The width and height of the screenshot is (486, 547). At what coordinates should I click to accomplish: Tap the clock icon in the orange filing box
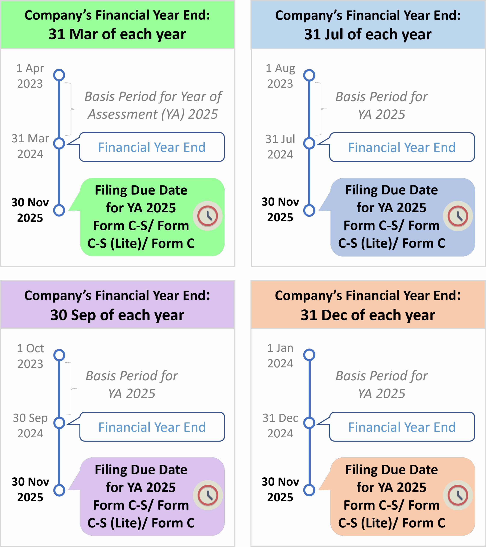point(458,495)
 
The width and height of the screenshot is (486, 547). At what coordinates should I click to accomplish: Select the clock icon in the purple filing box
point(208,495)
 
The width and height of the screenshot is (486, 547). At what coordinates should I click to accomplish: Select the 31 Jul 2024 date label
point(280,147)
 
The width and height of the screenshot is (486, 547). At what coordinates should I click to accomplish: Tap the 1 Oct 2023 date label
point(30,356)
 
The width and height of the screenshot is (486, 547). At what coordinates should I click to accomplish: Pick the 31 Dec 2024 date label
point(280,425)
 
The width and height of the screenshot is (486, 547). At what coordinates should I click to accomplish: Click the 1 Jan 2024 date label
point(280,356)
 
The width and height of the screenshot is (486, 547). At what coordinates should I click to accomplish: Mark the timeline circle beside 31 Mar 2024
point(59,143)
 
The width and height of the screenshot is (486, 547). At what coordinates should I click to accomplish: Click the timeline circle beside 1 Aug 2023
point(309,75)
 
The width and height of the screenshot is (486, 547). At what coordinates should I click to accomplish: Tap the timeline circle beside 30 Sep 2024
point(59,423)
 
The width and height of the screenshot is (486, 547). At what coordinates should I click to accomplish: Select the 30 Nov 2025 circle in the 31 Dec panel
point(309,490)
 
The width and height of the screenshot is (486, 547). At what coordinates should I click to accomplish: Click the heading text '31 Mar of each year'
point(117,34)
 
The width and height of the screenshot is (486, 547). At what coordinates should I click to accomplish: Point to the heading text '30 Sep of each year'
point(117,315)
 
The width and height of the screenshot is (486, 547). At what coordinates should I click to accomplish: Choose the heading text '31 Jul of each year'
point(368,34)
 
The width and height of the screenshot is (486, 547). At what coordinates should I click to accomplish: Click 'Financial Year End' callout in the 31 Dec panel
point(402,427)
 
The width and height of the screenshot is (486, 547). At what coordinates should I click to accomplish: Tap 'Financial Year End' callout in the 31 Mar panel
point(152,147)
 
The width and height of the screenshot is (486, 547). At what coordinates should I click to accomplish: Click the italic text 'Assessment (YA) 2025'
point(153,114)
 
